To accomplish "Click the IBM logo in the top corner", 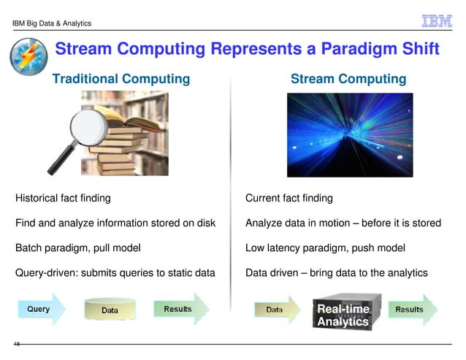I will click(x=438, y=21).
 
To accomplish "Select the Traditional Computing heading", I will click(x=121, y=78).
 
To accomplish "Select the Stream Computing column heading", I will click(x=348, y=78).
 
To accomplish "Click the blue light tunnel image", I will click(x=349, y=135).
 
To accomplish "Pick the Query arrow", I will click(x=42, y=310).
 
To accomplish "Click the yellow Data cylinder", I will click(x=110, y=310).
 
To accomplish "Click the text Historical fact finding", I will click(x=64, y=198).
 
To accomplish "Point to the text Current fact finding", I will click(x=289, y=198).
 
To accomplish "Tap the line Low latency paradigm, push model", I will click(x=325, y=248).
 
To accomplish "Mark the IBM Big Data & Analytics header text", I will click(x=52, y=23).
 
